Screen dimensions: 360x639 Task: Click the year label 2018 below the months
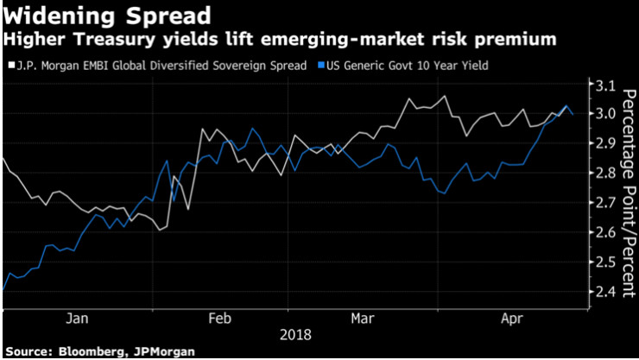pos(295,333)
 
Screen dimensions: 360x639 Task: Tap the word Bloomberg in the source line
pos(89,351)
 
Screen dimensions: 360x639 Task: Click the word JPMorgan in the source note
pos(160,351)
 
